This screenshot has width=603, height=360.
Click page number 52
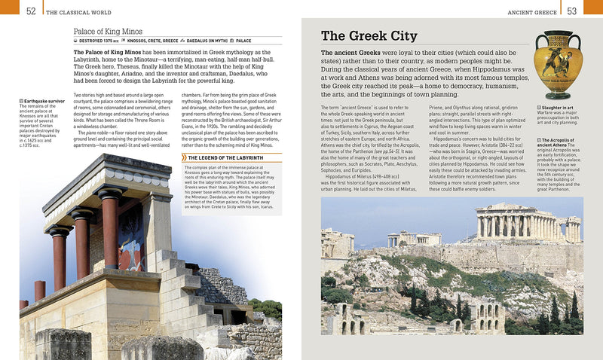[31, 11]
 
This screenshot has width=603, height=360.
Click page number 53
[572, 11]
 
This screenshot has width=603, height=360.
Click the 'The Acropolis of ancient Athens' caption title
[560, 143]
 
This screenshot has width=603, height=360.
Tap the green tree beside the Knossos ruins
[267, 309]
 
